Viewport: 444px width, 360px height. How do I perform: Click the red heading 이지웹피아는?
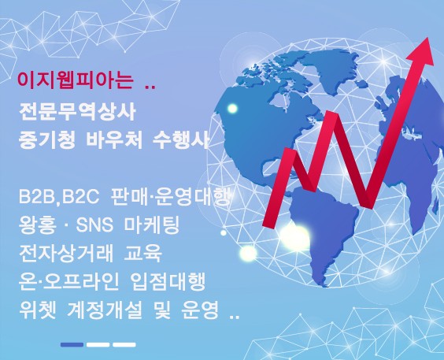tap(75, 80)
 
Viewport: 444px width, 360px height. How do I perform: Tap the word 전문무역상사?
tap(77, 112)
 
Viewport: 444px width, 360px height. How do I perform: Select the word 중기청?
tap(47, 139)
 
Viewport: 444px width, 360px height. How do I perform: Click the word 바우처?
tap(114, 139)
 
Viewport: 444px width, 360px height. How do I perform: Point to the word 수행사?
tap(180, 139)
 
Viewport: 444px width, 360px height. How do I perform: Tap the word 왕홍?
tap(37, 225)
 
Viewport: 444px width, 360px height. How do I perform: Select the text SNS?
tap(94, 225)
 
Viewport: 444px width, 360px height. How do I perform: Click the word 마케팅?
tap(152, 225)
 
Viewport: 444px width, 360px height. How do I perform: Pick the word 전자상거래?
tap(65, 253)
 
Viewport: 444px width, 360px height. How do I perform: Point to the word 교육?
tap(143, 253)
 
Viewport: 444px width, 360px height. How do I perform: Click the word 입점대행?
tap(168, 281)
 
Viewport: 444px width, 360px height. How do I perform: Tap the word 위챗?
tap(38, 310)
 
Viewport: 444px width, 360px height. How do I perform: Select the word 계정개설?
tap(105, 310)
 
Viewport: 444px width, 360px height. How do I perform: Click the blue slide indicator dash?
tap(72, 345)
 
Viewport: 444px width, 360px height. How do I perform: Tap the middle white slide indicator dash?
tap(98, 345)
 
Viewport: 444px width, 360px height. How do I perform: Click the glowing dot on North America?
tap(232, 109)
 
